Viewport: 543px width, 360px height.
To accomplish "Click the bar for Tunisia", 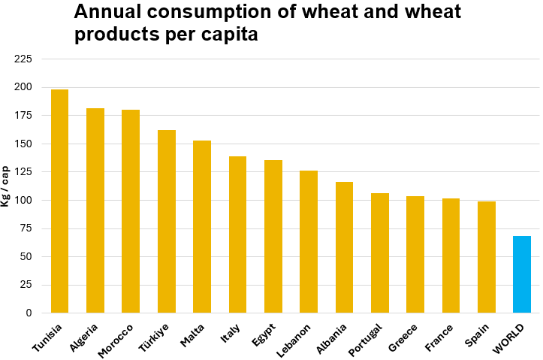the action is coord(59,201).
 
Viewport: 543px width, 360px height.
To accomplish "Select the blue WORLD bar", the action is coord(522,274).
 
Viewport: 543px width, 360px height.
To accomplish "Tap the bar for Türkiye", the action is coord(167,222).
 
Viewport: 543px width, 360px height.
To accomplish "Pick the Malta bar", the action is coord(202,227).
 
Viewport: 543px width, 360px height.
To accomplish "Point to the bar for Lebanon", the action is coord(309,241).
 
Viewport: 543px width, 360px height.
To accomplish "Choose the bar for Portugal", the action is coord(380,253).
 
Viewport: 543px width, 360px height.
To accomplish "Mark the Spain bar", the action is coord(487,257).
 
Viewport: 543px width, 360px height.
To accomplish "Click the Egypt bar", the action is coord(273,236).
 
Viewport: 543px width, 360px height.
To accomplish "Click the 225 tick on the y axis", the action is coord(23,59).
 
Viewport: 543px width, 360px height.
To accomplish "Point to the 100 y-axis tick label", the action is coord(23,200).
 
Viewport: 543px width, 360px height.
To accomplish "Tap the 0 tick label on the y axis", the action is coord(29,313).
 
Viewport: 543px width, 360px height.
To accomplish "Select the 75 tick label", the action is coord(26,228).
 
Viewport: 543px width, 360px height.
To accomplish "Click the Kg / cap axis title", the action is coord(5,186).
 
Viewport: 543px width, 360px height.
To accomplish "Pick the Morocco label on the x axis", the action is coord(116,341).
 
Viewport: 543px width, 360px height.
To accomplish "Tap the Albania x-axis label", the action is coord(331,339).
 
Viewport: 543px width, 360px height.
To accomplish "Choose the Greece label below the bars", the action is coord(403,337).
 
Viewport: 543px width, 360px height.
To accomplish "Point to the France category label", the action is coord(439,337).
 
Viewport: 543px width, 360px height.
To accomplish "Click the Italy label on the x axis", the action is coord(231,334).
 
